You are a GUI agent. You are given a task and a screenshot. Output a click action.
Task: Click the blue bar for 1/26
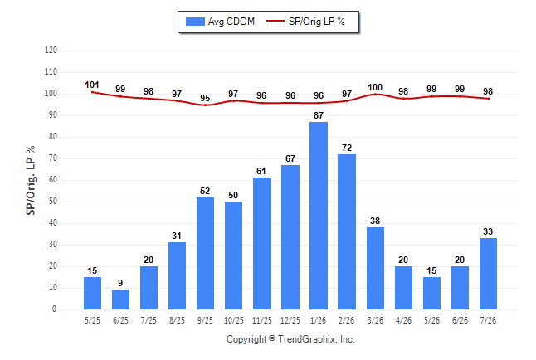pyautogui.click(x=319, y=216)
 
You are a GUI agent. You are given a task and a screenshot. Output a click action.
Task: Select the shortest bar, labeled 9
pyautogui.click(x=120, y=299)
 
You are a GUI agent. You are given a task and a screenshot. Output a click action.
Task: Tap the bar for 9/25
pyautogui.click(x=205, y=253)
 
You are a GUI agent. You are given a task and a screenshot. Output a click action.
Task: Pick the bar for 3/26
pyautogui.click(x=375, y=269)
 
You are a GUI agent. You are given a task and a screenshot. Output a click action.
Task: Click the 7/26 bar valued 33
pyautogui.click(x=488, y=274)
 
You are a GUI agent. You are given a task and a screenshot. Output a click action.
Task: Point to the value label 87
pyautogui.click(x=319, y=115)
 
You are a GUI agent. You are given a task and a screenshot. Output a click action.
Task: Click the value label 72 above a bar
pyautogui.click(x=347, y=148)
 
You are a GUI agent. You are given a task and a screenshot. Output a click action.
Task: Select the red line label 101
pyautogui.click(x=92, y=85)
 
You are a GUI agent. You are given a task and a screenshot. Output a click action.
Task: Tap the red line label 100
pyautogui.click(x=375, y=87)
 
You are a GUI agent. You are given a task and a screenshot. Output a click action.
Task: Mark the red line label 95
pyautogui.click(x=205, y=98)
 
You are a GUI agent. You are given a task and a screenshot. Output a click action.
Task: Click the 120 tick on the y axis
pyautogui.click(x=51, y=51)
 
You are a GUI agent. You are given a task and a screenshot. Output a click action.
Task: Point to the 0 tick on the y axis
pyautogui.click(x=54, y=309)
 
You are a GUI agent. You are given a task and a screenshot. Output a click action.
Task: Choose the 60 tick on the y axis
pyautogui.click(x=52, y=180)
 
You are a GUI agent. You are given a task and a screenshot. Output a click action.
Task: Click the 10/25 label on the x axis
pyautogui.click(x=234, y=321)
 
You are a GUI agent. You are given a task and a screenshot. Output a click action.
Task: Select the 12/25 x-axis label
pyautogui.click(x=290, y=321)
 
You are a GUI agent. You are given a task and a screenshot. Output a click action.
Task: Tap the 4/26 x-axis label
pyautogui.click(x=403, y=321)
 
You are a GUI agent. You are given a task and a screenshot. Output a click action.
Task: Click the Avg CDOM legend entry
pyautogui.click(x=220, y=22)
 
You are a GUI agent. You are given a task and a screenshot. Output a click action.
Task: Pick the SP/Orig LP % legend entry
pyautogui.click(x=305, y=22)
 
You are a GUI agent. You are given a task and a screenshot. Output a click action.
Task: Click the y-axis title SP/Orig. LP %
pyautogui.click(x=31, y=180)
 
